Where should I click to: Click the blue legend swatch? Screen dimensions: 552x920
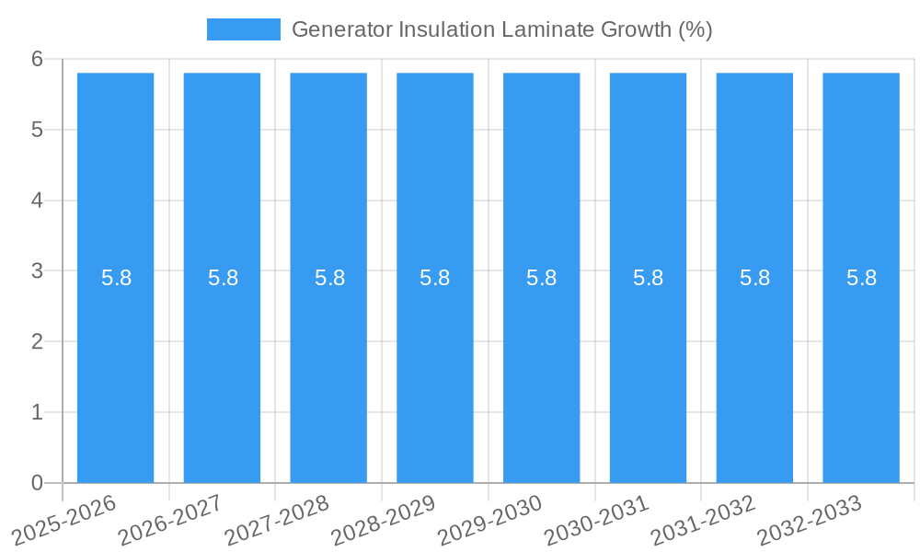point(243,29)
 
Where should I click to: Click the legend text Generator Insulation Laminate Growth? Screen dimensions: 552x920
point(501,29)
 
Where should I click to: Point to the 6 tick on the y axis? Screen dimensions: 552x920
point(38,59)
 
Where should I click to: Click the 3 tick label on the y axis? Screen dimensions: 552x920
point(38,271)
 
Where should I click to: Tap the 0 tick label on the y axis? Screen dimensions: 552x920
point(38,483)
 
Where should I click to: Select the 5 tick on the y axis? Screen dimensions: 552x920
point(38,130)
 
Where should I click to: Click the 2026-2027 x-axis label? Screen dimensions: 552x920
point(170,521)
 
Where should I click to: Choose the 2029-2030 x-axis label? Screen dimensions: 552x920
point(490,521)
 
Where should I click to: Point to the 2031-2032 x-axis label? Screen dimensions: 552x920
point(703,521)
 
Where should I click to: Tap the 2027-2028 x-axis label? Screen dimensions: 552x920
point(277,521)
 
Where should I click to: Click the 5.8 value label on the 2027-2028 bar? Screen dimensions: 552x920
point(329,278)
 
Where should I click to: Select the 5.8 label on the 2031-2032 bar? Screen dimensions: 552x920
point(754,278)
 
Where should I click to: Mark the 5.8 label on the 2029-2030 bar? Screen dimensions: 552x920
point(542,278)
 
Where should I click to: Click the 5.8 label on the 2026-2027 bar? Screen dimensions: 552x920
point(223,278)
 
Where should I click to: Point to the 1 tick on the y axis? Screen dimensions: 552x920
point(38,412)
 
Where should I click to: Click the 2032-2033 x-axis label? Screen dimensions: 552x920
point(810,521)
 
